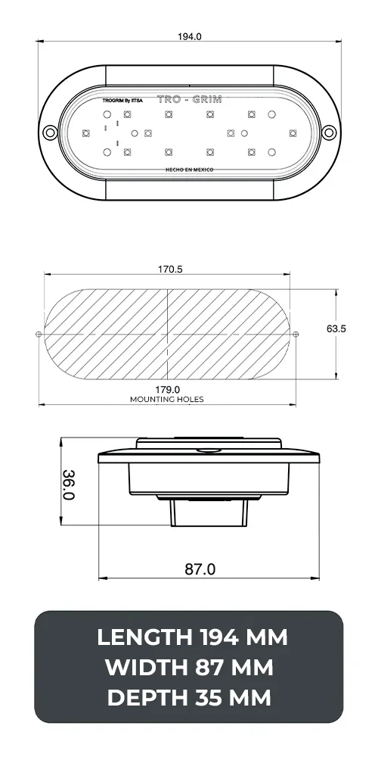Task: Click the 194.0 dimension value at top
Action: (190, 36)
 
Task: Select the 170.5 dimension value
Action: (169, 269)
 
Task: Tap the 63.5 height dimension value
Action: (336, 329)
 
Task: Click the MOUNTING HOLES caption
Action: (166, 399)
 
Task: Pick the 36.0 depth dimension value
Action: (68, 484)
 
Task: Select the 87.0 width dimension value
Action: (200, 569)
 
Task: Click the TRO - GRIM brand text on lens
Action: (189, 99)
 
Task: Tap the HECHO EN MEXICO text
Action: (189, 170)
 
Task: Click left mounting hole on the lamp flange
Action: (49, 132)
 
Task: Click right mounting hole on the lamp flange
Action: (329, 132)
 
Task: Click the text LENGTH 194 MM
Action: (192, 637)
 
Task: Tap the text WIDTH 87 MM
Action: (189, 668)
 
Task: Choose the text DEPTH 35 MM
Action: (189, 698)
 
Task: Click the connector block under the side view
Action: (209, 514)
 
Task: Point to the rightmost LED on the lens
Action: (293, 132)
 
